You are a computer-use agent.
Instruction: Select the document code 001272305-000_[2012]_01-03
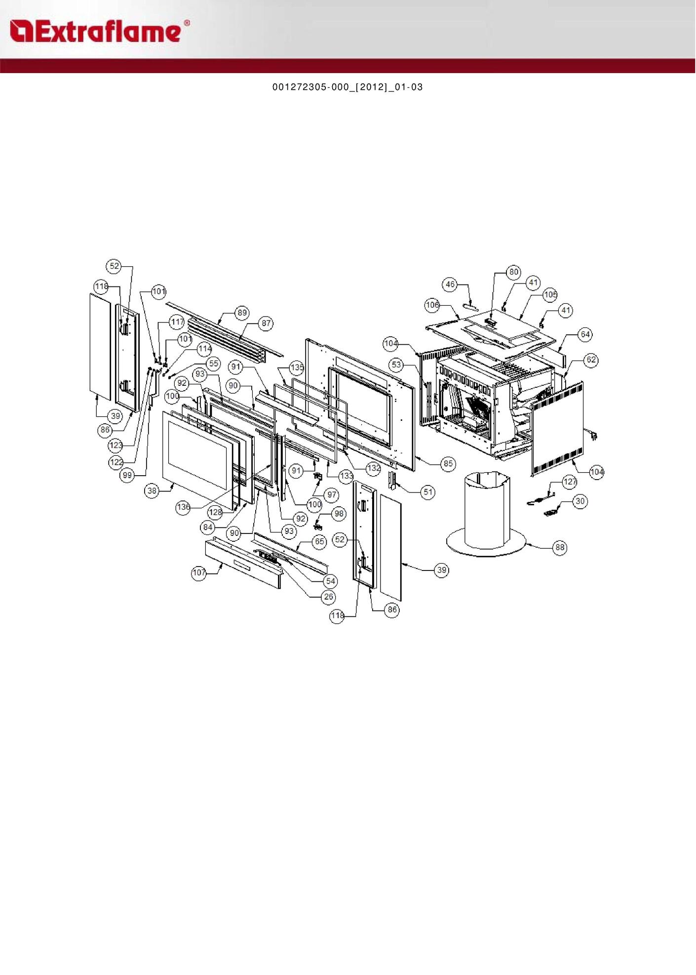click(348, 87)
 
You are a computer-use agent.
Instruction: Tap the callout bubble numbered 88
click(560, 547)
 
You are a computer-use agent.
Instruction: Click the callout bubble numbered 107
click(199, 573)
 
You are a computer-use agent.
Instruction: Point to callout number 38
click(152, 490)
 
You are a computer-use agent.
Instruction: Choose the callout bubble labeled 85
click(448, 463)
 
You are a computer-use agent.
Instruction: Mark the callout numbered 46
click(450, 284)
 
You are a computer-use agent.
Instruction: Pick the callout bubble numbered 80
click(514, 272)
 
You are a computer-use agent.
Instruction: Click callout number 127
click(570, 482)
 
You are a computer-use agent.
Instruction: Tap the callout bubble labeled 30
click(580, 501)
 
